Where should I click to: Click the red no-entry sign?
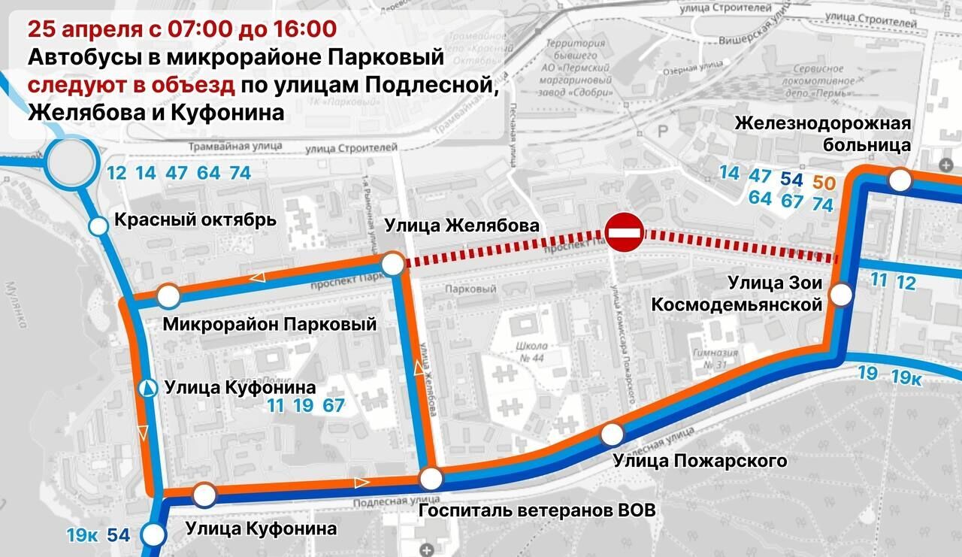point(624,232)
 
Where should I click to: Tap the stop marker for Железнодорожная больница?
point(900,180)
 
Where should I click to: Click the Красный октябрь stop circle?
point(98,226)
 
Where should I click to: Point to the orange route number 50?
point(824,182)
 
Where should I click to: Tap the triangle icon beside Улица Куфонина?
point(149,388)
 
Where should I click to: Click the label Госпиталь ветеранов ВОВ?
point(537,511)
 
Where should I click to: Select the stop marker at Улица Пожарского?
point(612,434)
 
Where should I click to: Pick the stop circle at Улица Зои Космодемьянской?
point(841,295)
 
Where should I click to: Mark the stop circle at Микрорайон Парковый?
point(168,296)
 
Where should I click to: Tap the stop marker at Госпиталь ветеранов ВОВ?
point(431,478)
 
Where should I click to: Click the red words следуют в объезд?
point(131,85)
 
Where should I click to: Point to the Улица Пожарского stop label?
point(700,461)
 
